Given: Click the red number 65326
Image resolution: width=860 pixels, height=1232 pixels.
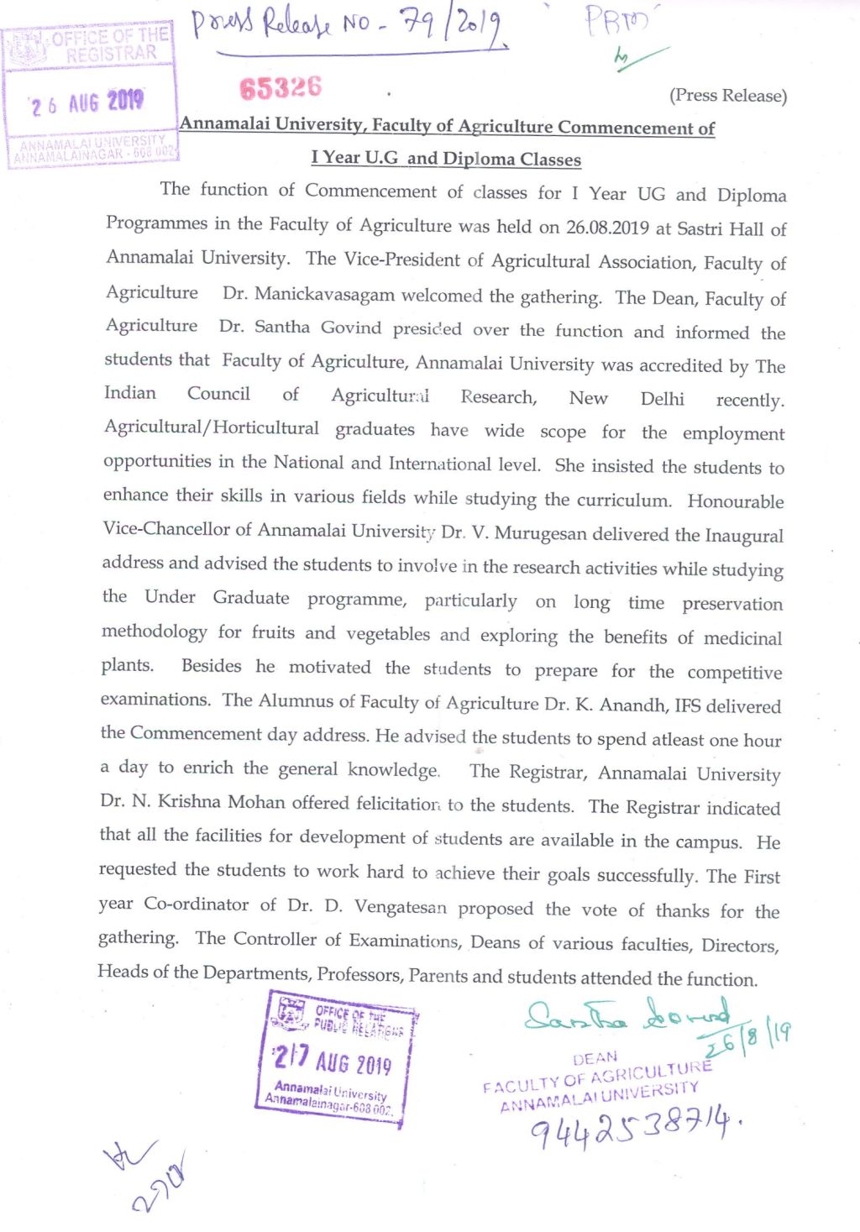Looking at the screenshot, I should tap(281, 87).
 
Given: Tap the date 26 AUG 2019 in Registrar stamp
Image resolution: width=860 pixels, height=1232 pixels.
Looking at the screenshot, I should tap(87, 103).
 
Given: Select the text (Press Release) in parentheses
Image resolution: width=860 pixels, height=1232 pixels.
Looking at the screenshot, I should tap(727, 96).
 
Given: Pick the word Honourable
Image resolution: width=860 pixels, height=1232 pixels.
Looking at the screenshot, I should tap(735, 501).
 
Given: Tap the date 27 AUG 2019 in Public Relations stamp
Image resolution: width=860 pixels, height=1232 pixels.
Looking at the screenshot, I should tap(333, 1060).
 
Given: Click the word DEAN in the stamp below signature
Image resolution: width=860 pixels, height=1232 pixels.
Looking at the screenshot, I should tap(595, 1058).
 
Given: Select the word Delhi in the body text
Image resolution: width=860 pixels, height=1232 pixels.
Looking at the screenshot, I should tap(662, 399).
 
